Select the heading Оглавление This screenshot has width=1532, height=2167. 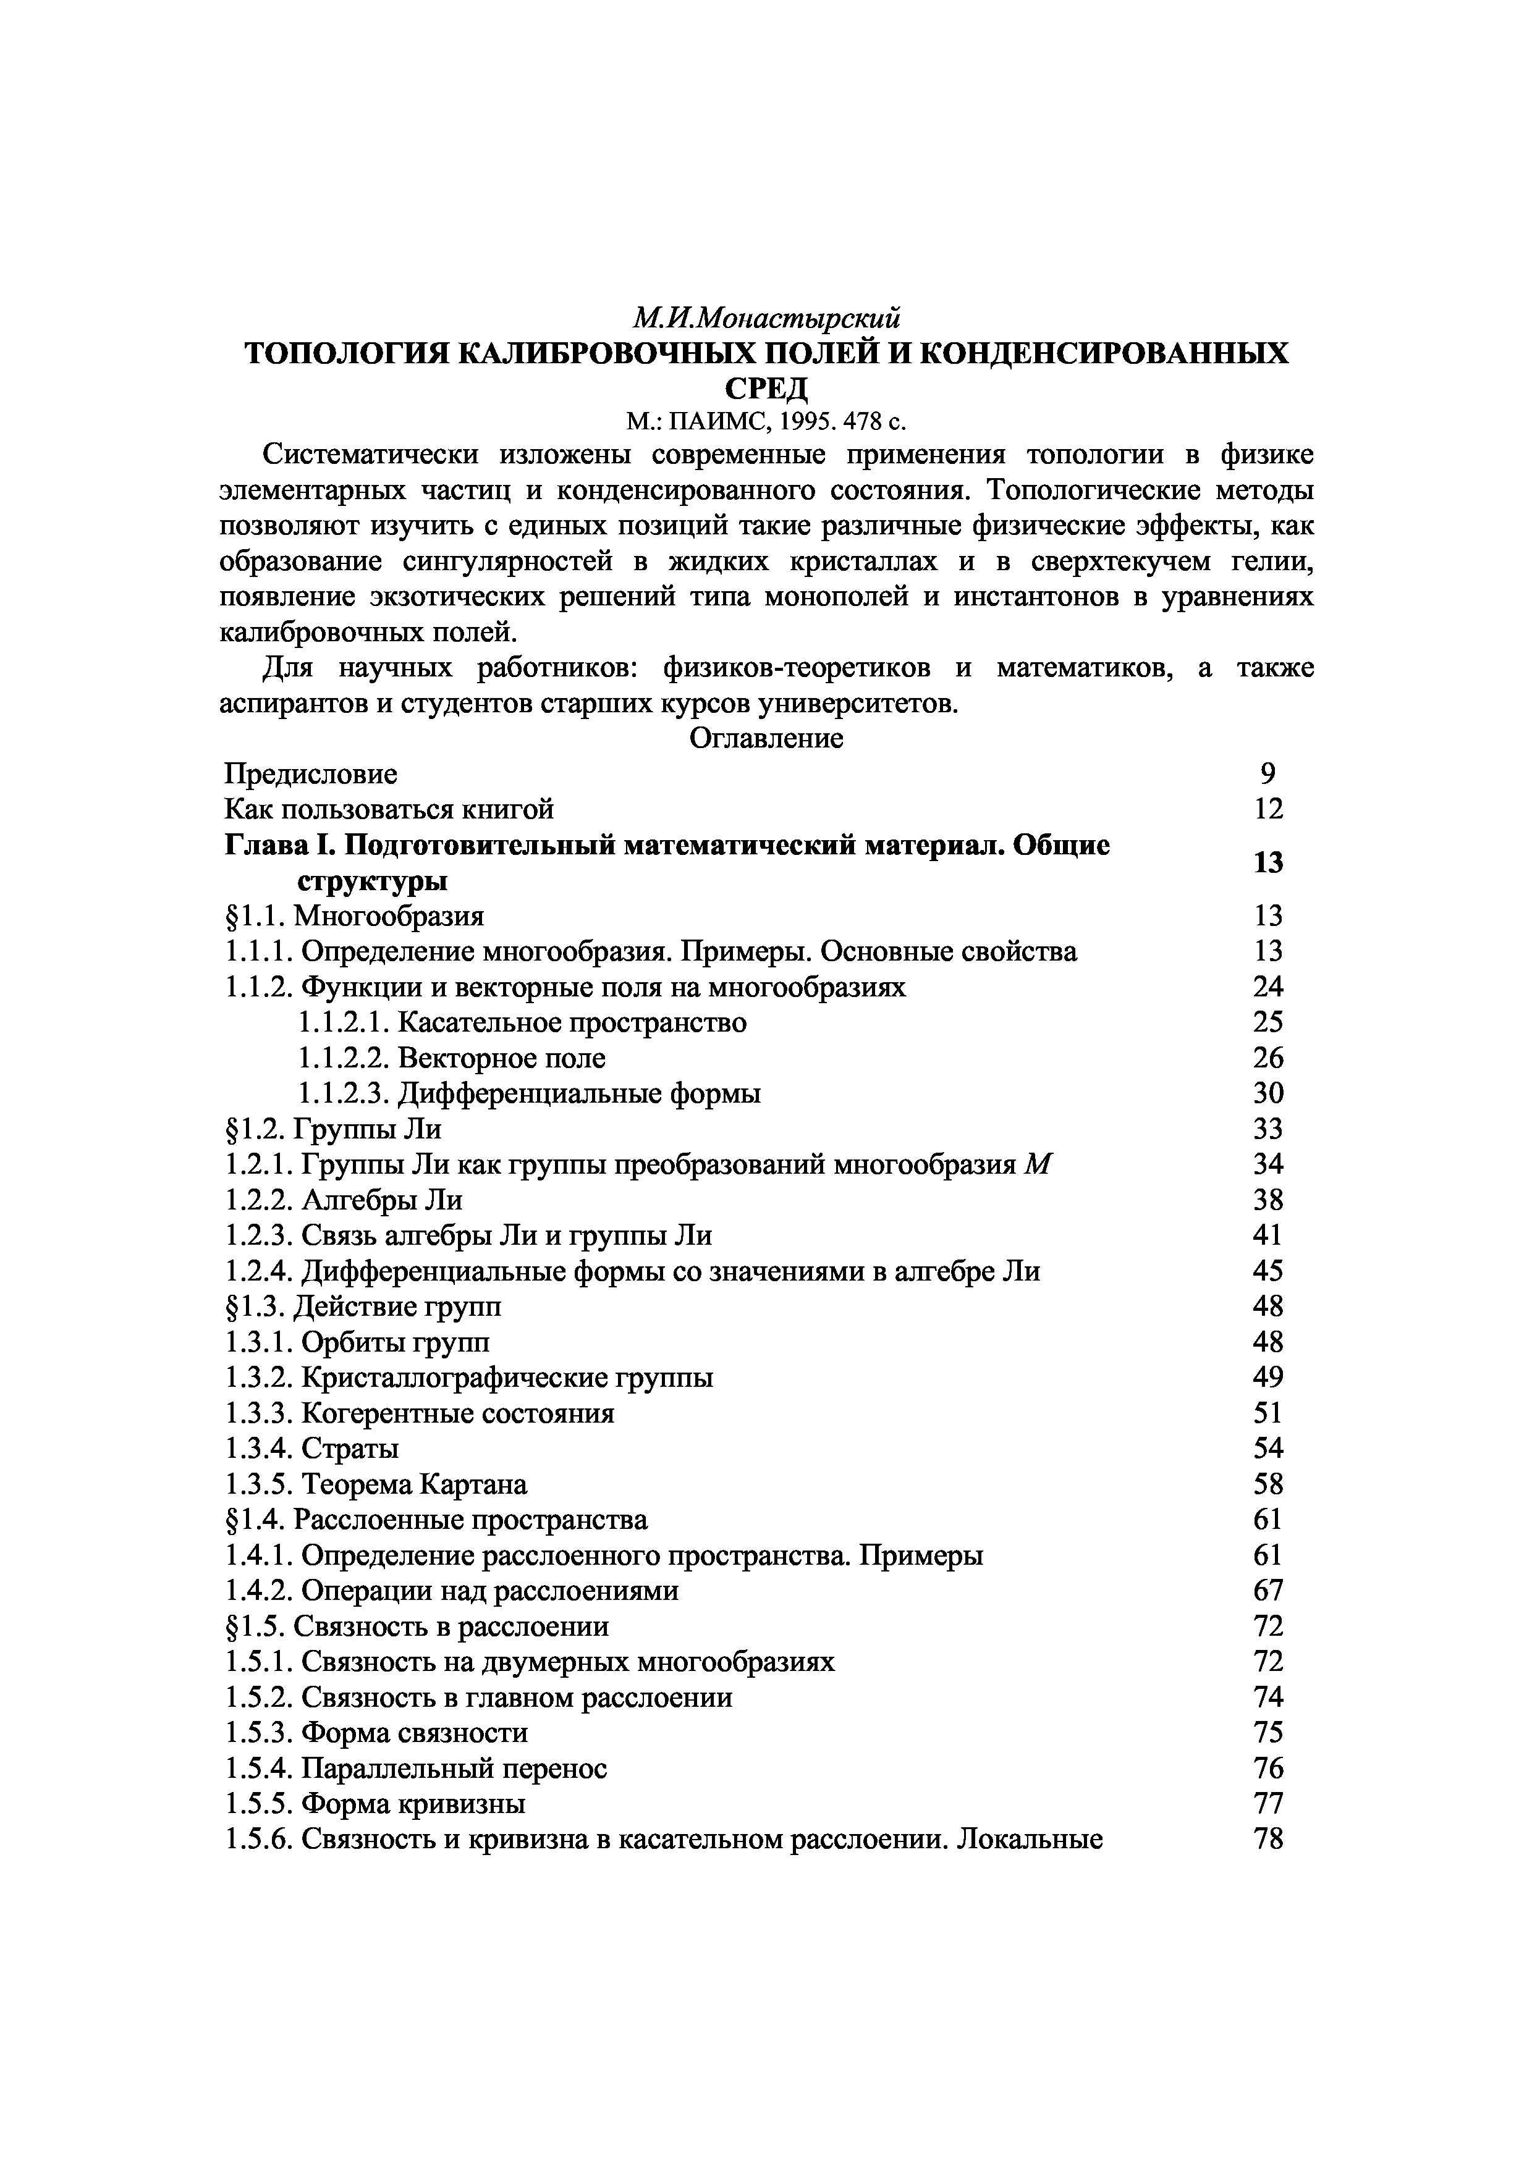766,738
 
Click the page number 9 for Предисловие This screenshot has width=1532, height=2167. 1267,774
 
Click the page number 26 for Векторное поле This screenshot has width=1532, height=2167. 1267,1058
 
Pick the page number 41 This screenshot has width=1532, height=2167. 1267,1235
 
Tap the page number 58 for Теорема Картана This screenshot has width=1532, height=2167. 1267,1484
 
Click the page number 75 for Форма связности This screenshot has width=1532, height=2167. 1267,1733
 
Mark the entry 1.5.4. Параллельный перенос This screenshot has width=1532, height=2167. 417,1769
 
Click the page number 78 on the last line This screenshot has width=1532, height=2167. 1267,1840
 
